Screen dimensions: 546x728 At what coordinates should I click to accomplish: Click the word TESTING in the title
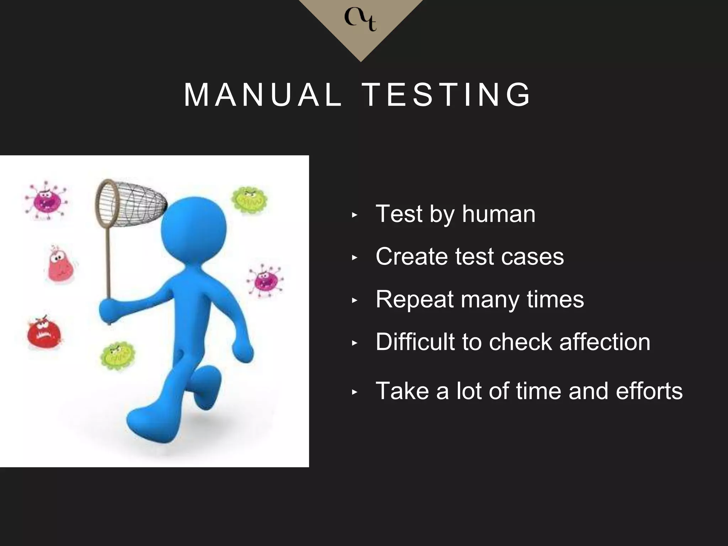[x=446, y=95]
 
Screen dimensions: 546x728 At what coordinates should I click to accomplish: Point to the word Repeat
[x=414, y=300]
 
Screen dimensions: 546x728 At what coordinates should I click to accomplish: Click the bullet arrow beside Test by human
[x=354, y=215]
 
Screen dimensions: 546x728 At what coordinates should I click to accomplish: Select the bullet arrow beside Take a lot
[x=354, y=392]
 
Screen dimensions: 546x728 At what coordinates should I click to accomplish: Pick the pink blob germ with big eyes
[x=60, y=265]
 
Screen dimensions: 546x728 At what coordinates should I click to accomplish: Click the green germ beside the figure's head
[x=250, y=200]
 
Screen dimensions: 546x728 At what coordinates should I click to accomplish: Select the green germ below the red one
[x=118, y=355]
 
